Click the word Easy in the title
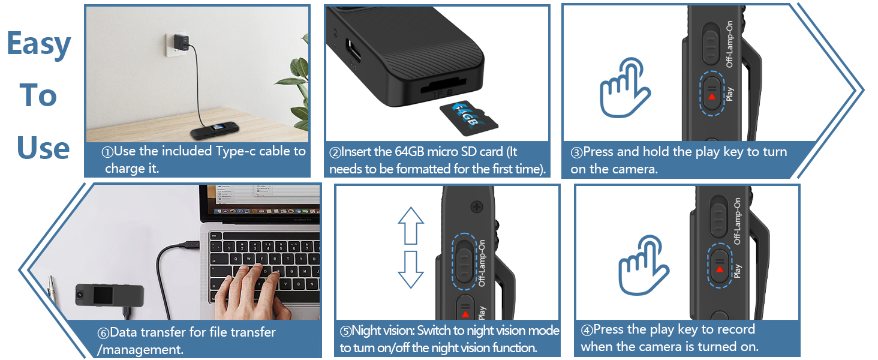tap(39, 43)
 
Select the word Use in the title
tap(43, 148)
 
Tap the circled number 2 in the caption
tap(335, 152)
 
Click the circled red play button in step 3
tap(712, 93)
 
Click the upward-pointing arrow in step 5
tap(411, 225)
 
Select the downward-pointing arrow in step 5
tap(411, 269)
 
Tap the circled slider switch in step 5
tap(465, 258)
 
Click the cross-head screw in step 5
tap(478, 207)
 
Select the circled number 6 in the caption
tap(103, 332)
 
